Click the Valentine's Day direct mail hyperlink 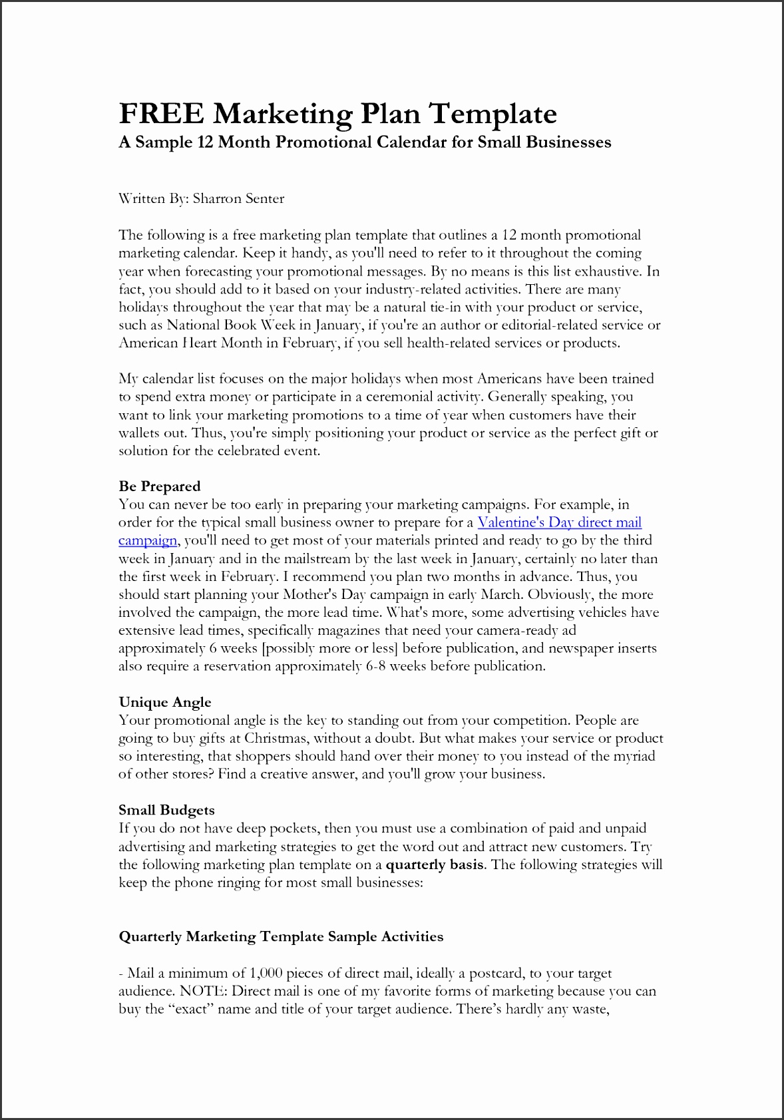point(560,522)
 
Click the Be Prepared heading point(159,486)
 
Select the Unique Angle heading point(165,702)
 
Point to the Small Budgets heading point(166,810)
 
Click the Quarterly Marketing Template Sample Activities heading point(281,936)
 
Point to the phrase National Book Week point(231,325)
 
